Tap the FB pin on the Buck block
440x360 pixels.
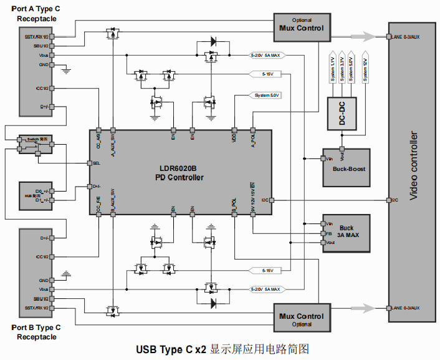[328, 233]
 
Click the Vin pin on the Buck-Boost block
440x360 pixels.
[329, 158]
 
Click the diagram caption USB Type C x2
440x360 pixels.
[171, 349]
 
